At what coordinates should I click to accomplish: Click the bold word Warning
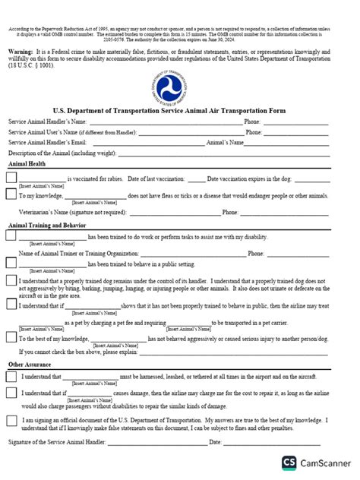[x=21, y=50]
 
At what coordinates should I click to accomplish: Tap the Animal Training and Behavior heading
[x=46, y=225]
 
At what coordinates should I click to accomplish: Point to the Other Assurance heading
[x=30, y=365]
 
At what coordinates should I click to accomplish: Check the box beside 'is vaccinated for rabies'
[x=11, y=178]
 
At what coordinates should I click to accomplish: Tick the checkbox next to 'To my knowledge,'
[x=11, y=196]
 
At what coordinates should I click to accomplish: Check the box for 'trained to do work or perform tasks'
[x=11, y=237]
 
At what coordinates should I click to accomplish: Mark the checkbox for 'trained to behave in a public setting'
[x=11, y=263]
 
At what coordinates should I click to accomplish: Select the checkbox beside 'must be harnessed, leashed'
[x=11, y=376]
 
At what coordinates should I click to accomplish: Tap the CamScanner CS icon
[x=289, y=462]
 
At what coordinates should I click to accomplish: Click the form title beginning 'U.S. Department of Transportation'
[x=179, y=111]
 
